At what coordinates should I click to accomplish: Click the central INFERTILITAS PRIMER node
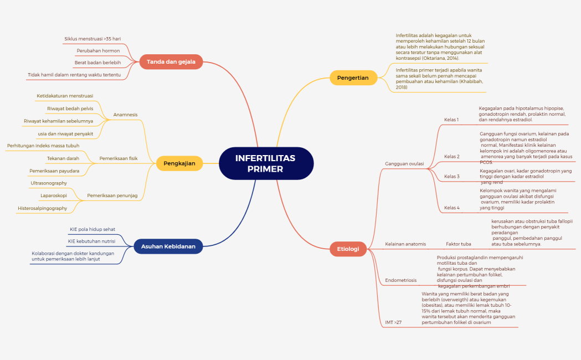tap(266, 163)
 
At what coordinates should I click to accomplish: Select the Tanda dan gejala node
tap(171, 61)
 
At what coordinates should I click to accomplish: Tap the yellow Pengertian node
tap(353, 78)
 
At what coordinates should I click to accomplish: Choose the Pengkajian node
tap(179, 163)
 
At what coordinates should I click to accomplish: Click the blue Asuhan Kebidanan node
tap(168, 246)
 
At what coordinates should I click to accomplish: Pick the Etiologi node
tap(348, 249)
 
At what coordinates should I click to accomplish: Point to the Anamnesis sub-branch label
tap(125, 115)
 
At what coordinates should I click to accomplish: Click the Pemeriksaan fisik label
tap(118, 158)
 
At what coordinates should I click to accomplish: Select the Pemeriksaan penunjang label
tap(112, 196)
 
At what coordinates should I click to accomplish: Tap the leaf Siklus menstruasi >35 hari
tap(92, 39)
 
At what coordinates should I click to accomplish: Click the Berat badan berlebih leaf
tap(97, 63)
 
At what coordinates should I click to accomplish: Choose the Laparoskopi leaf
tap(54, 196)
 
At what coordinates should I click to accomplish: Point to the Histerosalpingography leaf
tap(42, 208)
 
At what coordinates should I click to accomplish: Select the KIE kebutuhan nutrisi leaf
tap(91, 241)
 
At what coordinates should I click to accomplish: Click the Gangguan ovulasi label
tap(404, 164)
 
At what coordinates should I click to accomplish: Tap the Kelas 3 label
tap(451, 177)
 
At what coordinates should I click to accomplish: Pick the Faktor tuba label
tap(458, 244)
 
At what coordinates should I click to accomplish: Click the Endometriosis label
tap(400, 280)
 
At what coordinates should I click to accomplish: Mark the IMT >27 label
tap(393, 322)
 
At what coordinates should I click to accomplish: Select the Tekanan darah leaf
tap(63, 158)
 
